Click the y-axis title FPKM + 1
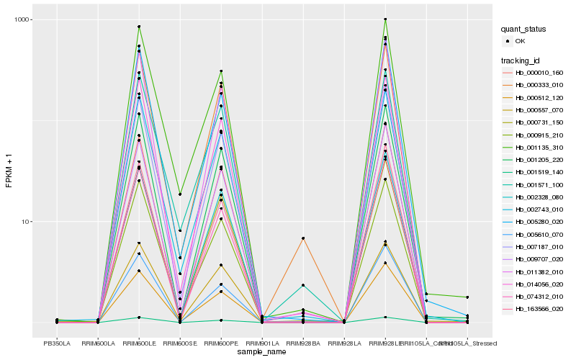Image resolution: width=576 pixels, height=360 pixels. tap(9, 171)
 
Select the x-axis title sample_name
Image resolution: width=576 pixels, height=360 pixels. tap(262, 351)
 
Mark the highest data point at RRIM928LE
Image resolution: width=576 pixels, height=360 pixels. tap(385, 19)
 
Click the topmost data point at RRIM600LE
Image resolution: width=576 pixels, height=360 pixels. tap(139, 27)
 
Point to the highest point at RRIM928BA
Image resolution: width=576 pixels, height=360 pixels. tap(303, 238)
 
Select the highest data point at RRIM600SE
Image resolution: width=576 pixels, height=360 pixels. tap(180, 194)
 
